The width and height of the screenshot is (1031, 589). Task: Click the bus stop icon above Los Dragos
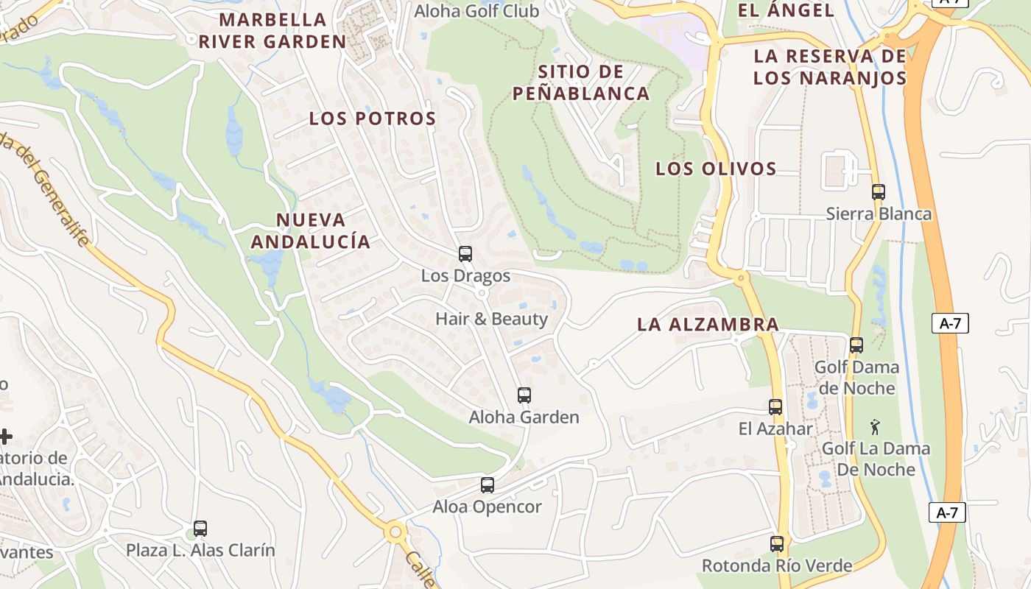pyautogui.click(x=465, y=254)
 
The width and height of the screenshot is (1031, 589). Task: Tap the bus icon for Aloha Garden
pyautogui.click(x=524, y=395)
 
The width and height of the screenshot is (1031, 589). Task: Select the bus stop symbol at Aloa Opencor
pyautogui.click(x=488, y=485)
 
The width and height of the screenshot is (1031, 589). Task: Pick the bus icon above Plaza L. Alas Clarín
pyautogui.click(x=200, y=528)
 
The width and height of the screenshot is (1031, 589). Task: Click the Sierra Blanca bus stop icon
pyautogui.click(x=879, y=192)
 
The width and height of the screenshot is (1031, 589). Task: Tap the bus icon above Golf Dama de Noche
pyautogui.click(x=856, y=345)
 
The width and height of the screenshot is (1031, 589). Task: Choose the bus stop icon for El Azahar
pyautogui.click(x=775, y=407)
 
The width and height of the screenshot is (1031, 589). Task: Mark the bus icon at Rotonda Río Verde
pyautogui.click(x=777, y=544)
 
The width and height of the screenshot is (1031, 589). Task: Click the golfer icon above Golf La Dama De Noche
pyautogui.click(x=875, y=427)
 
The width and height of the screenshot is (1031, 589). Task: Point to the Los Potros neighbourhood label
pyautogui.click(x=373, y=119)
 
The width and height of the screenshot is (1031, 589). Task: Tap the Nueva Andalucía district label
pyautogui.click(x=310, y=230)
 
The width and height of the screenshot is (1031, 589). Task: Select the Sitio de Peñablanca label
pyautogui.click(x=581, y=82)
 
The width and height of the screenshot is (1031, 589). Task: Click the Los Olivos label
pyautogui.click(x=716, y=169)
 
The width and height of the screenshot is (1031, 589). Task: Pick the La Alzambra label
pyautogui.click(x=708, y=324)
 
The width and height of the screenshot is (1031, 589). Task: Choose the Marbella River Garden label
pyautogui.click(x=272, y=30)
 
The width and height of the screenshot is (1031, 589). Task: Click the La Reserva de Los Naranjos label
pyautogui.click(x=829, y=67)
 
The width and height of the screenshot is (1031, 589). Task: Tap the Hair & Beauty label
pyautogui.click(x=492, y=319)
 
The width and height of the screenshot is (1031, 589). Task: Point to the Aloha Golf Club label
pyautogui.click(x=476, y=11)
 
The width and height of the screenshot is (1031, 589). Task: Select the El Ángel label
pyautogui.click(x=786, y=10)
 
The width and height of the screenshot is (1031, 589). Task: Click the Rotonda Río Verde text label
pyautogui.click(x=777, y=565)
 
